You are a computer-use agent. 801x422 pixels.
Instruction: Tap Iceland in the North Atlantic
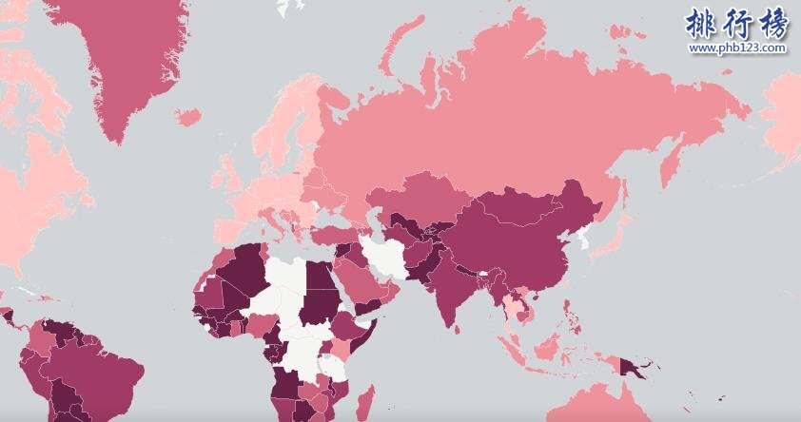tap(187, 117)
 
